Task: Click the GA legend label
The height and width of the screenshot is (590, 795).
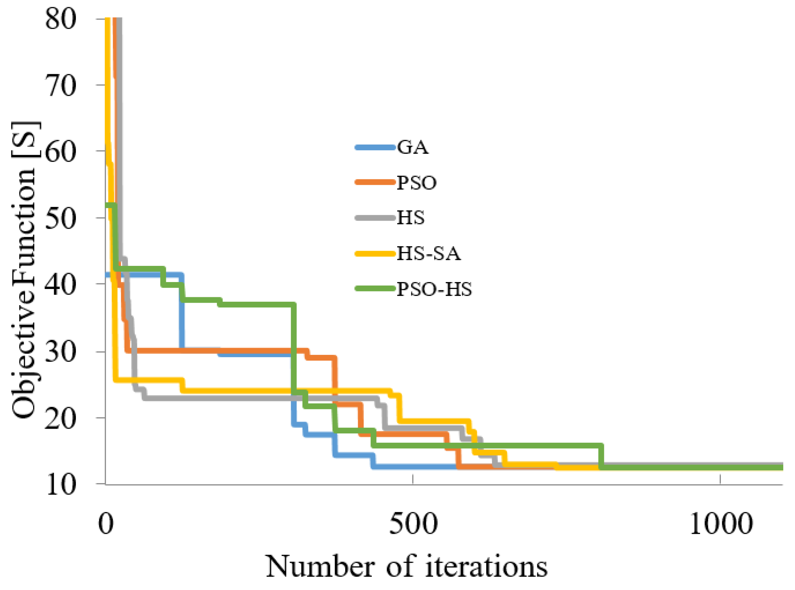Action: tap(412, 148)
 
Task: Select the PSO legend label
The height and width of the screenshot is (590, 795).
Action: tap(416, 183)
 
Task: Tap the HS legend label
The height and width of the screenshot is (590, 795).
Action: tap(410, 218)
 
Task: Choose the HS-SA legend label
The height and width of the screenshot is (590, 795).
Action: tap(429, 254)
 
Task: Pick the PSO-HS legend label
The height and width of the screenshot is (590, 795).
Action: tap(434, 289)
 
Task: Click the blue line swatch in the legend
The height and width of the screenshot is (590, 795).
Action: tap(375, 148)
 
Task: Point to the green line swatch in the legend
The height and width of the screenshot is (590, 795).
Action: tap(375, 289)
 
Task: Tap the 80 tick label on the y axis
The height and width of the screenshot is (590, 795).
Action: tap(61, 19)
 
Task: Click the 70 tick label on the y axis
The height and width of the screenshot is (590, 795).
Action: tap(61, 86)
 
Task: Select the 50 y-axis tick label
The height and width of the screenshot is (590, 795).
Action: tap(61, 218)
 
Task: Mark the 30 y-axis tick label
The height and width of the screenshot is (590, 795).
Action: tap(61, 352)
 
